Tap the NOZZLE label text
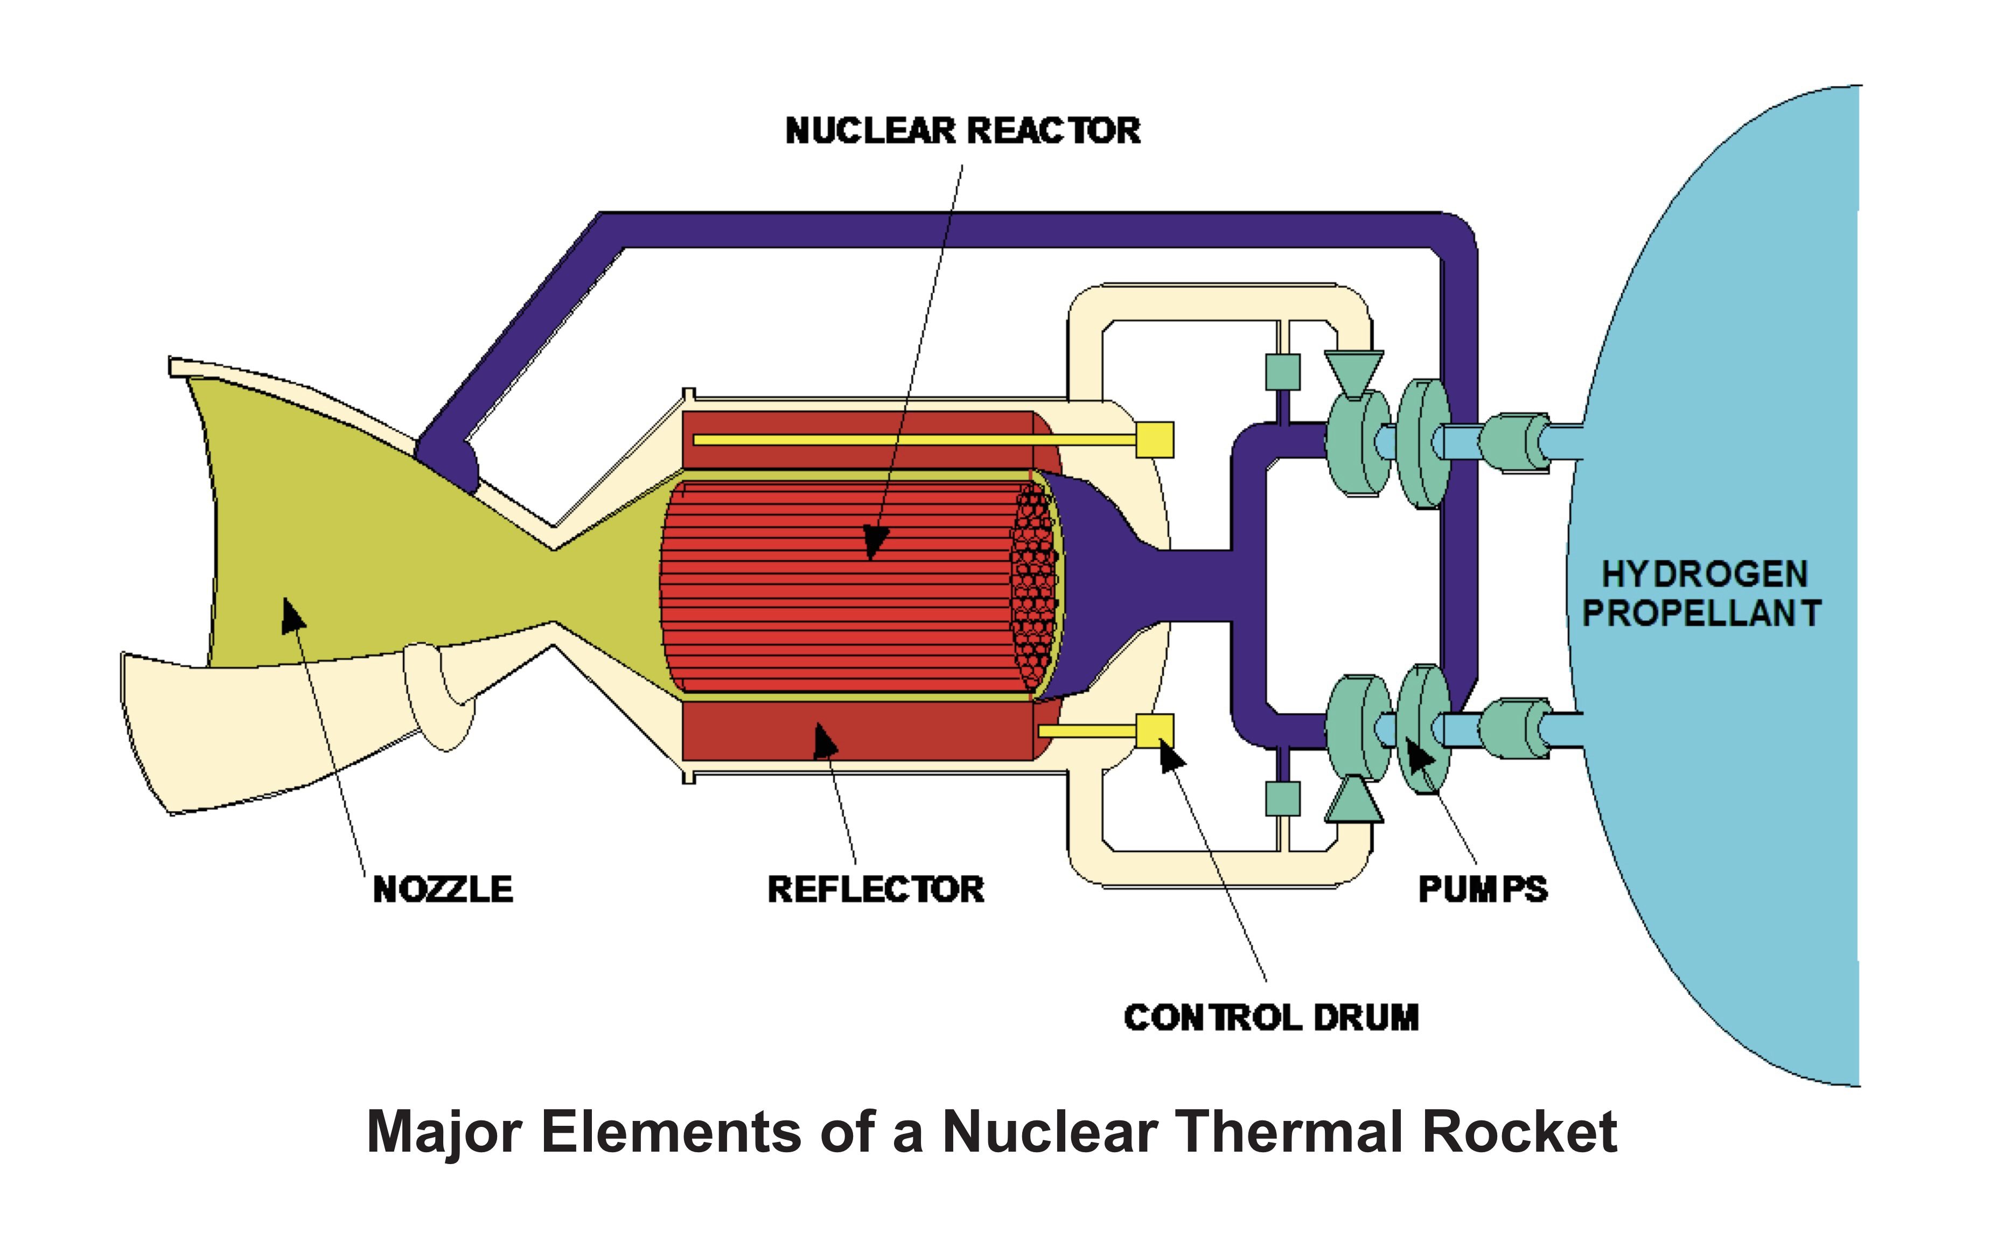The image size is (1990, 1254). [443, 889]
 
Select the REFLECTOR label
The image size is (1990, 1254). [876, 889]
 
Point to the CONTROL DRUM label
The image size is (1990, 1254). [1271, 1018]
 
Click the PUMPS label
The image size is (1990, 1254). [1483, 889]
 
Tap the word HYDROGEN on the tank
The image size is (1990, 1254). [1704, 574]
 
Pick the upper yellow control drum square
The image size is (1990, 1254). [1155, 440]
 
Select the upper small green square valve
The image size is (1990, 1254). [1282, 372]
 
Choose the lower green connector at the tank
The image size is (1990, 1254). [1514, 728]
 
